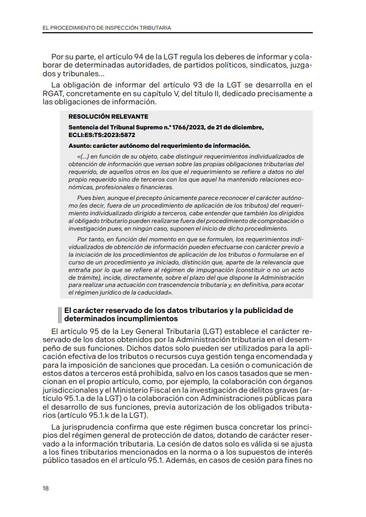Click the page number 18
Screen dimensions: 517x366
[46, 488]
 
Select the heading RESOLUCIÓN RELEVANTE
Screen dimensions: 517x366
[108, 117]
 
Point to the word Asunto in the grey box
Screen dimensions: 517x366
[80, 146]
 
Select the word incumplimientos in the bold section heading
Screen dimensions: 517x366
[128, 318]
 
